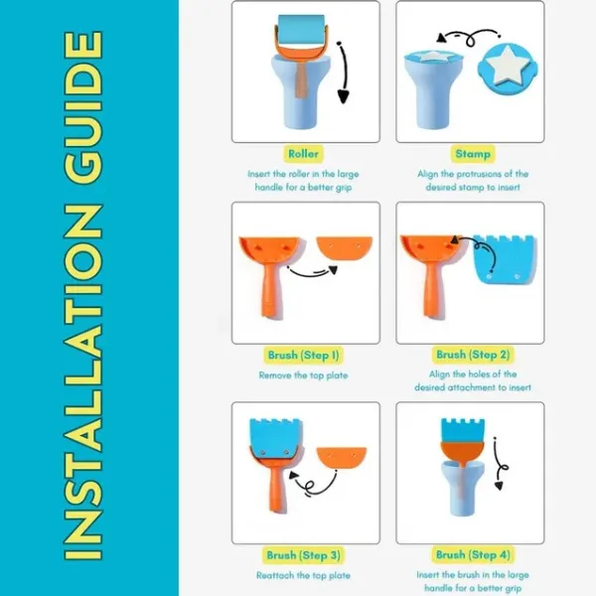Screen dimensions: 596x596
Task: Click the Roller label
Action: tap(303, 154)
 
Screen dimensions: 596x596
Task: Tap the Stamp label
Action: tap(473, 154)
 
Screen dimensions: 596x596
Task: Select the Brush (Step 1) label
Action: tap(303, 355)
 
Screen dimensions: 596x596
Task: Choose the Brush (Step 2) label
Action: tap(473, 355)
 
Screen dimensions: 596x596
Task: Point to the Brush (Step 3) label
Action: tap(303, 555)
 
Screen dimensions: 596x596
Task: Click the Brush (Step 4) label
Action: tap(473, 554)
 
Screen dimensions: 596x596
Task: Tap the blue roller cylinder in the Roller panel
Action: tap(301, 30)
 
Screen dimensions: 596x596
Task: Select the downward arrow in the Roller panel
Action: tap(344, 73)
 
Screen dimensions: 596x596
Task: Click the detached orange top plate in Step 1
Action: tap(345, 248)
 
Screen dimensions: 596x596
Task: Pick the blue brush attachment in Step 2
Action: tap(506, 259)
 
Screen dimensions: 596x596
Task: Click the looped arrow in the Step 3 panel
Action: tap(313, 484)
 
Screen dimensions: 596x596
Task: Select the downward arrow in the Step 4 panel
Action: tap(499, 465)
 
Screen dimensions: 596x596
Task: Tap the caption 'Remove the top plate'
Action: tap(303, 375)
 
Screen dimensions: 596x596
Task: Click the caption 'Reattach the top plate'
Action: tap(303, 575)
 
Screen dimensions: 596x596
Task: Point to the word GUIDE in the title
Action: tap(83, 107)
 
